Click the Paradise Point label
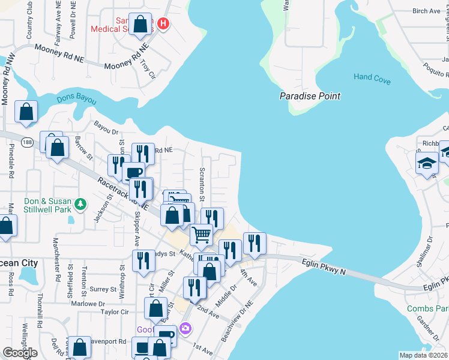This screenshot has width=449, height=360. click(x=310, y=96)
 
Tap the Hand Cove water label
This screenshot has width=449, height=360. click(x=372, y=77)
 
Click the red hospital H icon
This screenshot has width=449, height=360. click(x=163, y=24)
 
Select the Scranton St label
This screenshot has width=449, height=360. click(x=202, y=184)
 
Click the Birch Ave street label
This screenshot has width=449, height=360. click(x=426, y=11)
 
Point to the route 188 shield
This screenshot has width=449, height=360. click(x=26, y=142)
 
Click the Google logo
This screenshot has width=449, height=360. click(x=20, y=353)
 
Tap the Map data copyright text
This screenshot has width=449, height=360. click(x=424, y=355)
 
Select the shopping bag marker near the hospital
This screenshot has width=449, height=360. click(x=140, y=25)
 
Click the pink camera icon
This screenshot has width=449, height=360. click(x=185, y=328)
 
